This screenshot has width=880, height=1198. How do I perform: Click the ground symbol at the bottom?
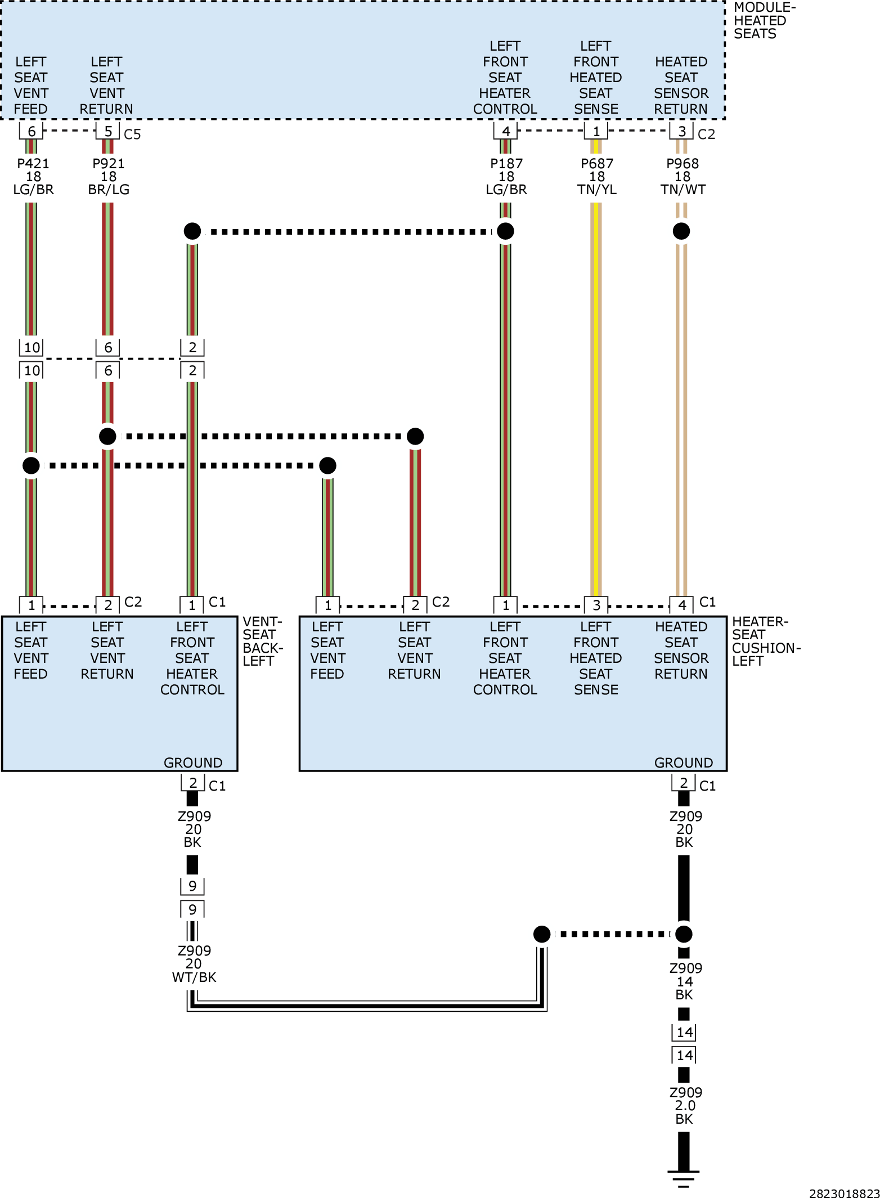[684, 1178]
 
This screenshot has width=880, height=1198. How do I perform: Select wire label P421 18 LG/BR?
[33, 177]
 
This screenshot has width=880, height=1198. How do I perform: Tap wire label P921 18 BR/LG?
[109, 177]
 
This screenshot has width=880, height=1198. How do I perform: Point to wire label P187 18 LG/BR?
[506, 177]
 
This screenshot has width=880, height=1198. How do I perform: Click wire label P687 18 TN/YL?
[597, 177]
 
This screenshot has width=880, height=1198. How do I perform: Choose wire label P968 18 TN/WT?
[683, 177]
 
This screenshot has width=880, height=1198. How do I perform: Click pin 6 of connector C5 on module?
[32, 131]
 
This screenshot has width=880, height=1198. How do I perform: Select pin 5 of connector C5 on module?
[108, 131]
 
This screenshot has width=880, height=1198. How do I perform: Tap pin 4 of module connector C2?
[506, 131]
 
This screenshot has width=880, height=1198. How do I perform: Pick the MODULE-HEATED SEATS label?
[764, 21]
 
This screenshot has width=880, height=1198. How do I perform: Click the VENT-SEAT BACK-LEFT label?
[262, 641]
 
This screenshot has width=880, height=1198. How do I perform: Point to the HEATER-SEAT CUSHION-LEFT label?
[766, 641]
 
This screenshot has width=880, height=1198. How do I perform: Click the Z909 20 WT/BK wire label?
[194, 964]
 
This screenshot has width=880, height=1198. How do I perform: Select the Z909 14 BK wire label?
[685, 981]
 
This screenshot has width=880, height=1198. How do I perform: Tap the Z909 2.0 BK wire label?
[685, 1106]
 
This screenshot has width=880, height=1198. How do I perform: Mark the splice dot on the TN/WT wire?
[681, 231]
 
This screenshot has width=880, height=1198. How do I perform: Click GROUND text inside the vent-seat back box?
[193, 762]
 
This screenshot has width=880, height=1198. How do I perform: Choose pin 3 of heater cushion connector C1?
[596, 605]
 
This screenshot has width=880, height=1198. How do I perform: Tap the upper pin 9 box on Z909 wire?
[192, 886]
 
